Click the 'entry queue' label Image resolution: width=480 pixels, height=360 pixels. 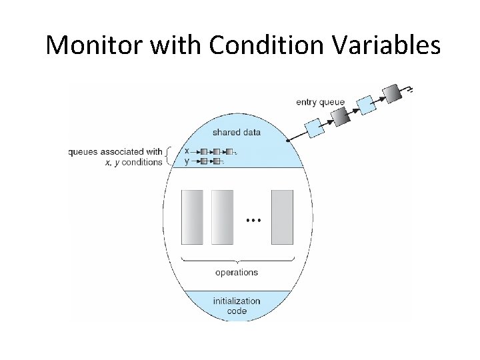(x=320, y=102)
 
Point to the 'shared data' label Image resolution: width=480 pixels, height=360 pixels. (x=236, y=132)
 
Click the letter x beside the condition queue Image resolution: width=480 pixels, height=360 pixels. (x=187, y=151)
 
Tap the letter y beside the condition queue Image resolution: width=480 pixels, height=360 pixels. (x=187, y=161)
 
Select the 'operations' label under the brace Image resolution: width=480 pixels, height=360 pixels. (x=236, y=272)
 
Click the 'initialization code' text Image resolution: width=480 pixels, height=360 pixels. (x=236, y=306)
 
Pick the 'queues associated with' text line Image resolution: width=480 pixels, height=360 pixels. (x=115, y=151)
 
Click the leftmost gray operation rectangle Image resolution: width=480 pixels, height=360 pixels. (x=192, y=217)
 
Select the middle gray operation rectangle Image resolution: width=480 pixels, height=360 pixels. (x=222, y=217)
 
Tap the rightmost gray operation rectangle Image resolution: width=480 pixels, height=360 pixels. (x=281, y=217)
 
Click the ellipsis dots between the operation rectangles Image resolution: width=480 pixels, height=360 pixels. (x=253, y=219)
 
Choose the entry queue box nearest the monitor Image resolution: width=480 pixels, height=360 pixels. (x=315, y=128)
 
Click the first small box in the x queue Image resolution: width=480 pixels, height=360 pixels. (x=204, y=151)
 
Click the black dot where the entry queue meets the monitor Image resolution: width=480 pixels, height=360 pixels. (x=287, y=141)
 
